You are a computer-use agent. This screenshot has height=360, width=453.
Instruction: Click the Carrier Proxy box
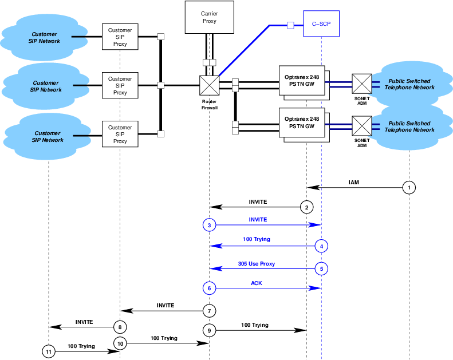coord(209,17)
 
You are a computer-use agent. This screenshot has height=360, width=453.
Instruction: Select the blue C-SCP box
coord(321,25)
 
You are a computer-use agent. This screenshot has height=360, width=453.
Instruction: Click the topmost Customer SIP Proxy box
coord(120,37)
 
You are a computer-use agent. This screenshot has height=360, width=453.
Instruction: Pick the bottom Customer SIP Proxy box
coord(120,134)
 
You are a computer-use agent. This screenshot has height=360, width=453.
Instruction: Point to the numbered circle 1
coord(408,187)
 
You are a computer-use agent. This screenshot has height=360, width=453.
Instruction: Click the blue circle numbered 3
coord(209,225)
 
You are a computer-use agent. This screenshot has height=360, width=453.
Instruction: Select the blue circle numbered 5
coord(321,268)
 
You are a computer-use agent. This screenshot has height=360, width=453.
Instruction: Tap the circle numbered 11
coord(49,351)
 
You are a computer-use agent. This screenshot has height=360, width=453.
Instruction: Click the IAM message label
coord(354,182)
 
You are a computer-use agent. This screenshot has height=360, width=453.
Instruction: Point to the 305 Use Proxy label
coord(256,264)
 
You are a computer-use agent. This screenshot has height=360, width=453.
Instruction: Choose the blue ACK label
coord(257,283)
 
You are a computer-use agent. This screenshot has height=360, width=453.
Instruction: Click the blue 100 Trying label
coord(256,239)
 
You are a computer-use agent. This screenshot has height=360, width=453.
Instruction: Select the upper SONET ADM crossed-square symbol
coord(361,84)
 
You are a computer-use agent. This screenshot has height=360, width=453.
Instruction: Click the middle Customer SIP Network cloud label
coord(46,86)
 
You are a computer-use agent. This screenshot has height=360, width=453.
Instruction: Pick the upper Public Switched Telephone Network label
coord(409,84)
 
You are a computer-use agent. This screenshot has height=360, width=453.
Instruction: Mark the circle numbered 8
coord(120,327)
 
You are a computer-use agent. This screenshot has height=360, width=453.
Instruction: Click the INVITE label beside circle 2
coord(258,202)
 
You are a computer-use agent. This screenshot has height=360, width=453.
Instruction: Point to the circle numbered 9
coord(209,330)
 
